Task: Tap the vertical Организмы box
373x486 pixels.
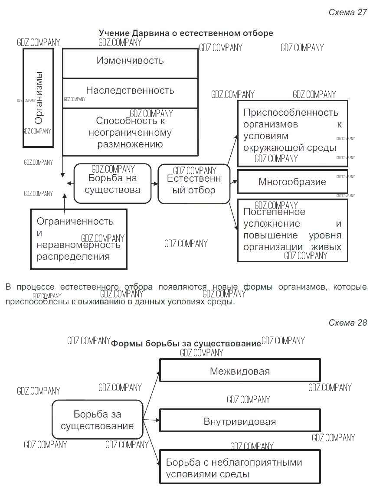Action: [x=38, y=98]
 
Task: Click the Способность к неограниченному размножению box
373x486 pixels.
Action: [x=130, y=132]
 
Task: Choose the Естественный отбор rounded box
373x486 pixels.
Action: [x=193, y=184]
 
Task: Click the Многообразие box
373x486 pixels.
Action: [x=292, y=182]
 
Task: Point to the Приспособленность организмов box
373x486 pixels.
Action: [x=292, y=133]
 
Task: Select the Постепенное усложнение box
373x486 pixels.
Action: [x=292, y=230]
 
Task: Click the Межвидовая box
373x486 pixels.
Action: [x=240, y=370]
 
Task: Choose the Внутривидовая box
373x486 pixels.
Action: [x=240, y=421]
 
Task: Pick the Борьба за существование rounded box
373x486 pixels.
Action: [x=97, y=419]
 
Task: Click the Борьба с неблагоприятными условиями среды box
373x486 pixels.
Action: [x=240, y=467]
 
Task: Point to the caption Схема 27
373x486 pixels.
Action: [x=347, y=12]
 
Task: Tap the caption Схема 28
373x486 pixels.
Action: [x=347, y=323]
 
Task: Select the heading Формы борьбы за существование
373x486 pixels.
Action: [x=186, y=343]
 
